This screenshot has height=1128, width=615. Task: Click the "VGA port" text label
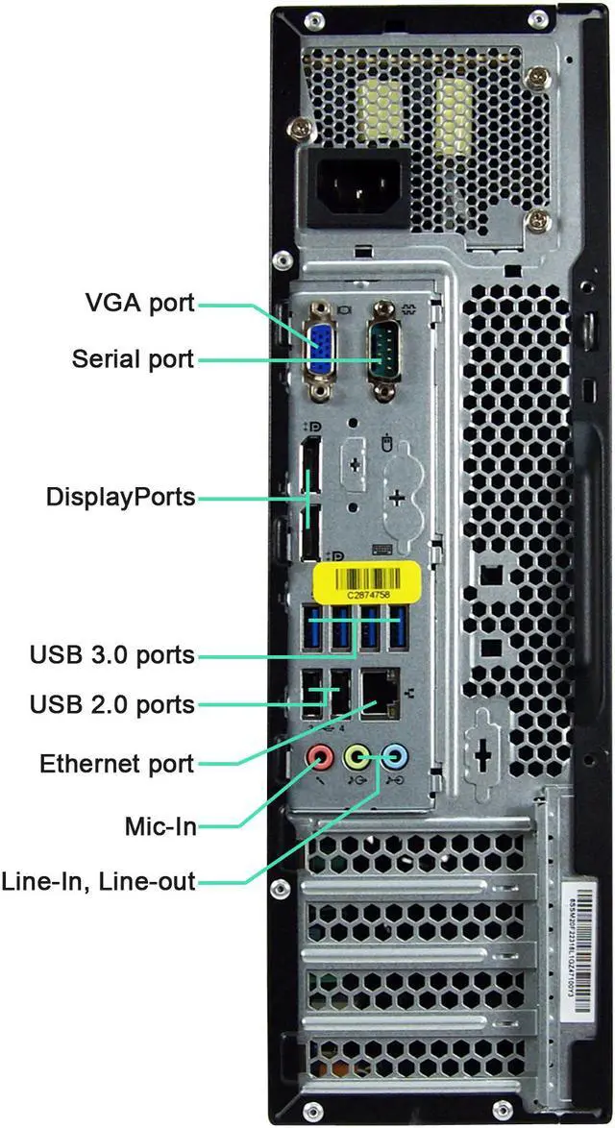pos(139,304)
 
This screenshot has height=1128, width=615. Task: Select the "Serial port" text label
pos(133,359)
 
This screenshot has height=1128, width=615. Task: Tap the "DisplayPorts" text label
pos(120,498)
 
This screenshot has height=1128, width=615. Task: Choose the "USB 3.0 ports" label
pos(112,655)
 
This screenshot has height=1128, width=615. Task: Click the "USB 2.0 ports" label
pos(112,704)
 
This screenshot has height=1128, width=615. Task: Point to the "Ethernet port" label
pos(117,764)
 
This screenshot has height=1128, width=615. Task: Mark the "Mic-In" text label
pos(160,825)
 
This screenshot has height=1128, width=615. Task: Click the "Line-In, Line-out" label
pos(99,880)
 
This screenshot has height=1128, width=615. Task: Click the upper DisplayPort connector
pos(309,472)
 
